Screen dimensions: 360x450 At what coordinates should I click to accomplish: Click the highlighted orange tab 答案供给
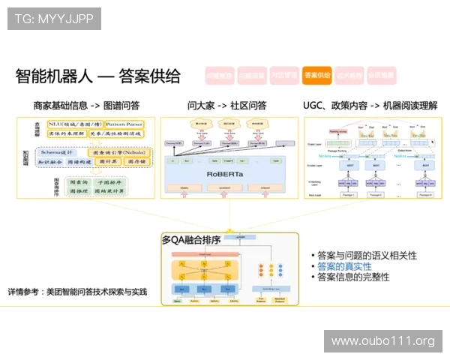[x=317, y=75]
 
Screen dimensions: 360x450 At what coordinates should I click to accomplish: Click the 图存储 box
[x=136, y=161]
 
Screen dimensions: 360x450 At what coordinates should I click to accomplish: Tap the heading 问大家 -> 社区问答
[x=226, y=105]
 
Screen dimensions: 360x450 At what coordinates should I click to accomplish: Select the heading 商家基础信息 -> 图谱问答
[x=86, y=105]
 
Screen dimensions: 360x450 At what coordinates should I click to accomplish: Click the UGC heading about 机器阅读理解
[x=370, y=105]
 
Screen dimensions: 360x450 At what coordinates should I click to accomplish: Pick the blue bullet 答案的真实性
[x=344, y=266]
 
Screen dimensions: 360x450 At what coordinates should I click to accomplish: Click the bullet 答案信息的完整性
[x=353, y=277]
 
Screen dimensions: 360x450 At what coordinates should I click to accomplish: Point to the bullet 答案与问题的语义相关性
[x=367, y=256]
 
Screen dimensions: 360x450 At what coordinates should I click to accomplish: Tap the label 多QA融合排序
[x=191, y=240]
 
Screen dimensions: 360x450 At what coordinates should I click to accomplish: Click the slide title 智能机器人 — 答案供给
[x=98, y=76]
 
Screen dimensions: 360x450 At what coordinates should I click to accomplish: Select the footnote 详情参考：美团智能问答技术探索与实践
[x=77, y=291]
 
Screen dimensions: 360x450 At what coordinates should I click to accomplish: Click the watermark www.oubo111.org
[x=382, y=341]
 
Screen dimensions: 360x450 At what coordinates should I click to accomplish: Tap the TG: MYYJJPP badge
[x=54, y=19]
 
